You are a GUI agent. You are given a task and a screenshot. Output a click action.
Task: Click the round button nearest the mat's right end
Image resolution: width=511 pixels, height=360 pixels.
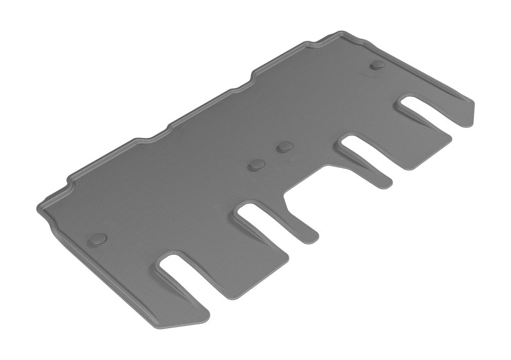(378, 65)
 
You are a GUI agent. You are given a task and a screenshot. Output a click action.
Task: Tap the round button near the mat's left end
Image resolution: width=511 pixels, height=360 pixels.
(98, 239)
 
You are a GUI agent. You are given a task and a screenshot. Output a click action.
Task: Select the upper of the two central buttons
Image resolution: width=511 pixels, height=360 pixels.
(284, 147)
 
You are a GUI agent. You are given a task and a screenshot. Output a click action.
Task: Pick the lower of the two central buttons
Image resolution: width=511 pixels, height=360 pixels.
(257, 165)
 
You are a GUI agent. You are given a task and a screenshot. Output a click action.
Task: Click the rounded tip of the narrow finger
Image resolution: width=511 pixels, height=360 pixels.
(311, 236)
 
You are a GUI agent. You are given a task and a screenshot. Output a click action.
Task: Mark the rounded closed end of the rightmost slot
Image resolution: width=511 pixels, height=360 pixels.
(406, 102)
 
